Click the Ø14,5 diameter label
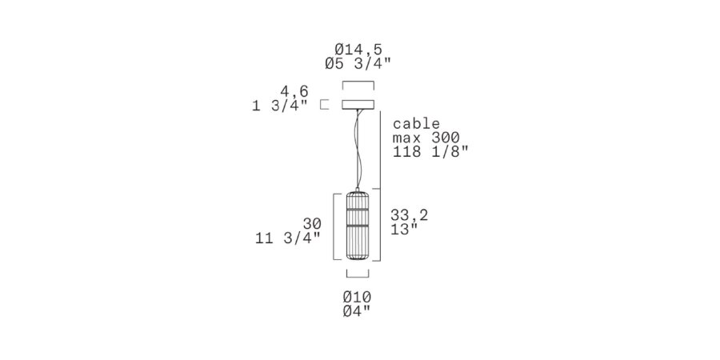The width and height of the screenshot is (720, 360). pos(358,49)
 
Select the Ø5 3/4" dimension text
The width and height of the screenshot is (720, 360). pos(358,63)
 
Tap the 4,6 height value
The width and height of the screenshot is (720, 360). pos(294,91)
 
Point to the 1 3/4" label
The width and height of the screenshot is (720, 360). pos(280,106)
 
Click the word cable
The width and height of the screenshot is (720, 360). pos(417,123)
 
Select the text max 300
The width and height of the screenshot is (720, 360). pos(426,138)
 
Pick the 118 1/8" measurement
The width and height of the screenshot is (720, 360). pos(430,151)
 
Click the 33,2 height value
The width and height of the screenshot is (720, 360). pos(409,215)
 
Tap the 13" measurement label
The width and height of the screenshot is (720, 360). pos(404,229)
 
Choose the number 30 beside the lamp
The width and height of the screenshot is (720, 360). pos(312,224)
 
